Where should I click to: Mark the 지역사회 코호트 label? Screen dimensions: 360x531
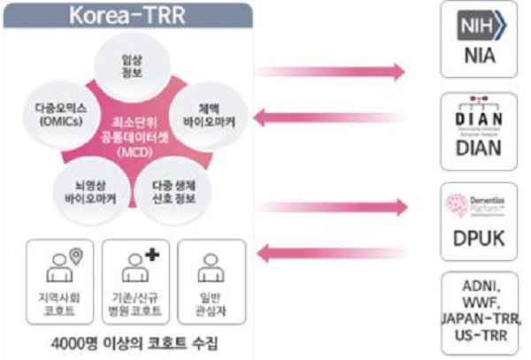click(59, 305)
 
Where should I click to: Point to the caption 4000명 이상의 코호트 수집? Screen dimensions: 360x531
click(131, 341)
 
